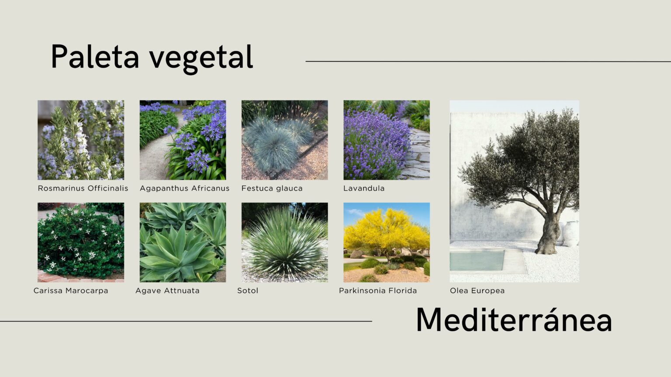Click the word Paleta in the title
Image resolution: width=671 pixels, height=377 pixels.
pos(95,56)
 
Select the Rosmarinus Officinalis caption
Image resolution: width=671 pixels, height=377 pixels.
pos(83,188)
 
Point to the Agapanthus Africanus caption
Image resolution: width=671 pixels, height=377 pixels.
pos(184,188)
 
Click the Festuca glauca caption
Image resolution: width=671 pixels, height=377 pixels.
pos(272,188)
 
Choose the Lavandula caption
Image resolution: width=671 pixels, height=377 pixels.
pos(364,188)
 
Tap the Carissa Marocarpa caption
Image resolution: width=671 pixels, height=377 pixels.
pos(71,291)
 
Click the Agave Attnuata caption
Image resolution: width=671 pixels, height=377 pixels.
pos(167,291)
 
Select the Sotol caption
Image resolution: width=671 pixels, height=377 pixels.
pos(248,291)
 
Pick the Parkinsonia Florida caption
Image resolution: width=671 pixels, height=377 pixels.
pos(378,291)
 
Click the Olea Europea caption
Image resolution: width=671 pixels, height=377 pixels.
pos(477,291)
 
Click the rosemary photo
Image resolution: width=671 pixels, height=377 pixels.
pos(81,140)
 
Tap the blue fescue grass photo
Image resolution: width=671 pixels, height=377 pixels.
pos(284,140)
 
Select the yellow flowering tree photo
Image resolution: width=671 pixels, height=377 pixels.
pos(387,242)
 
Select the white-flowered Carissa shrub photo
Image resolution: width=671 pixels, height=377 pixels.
pos(81,242)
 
